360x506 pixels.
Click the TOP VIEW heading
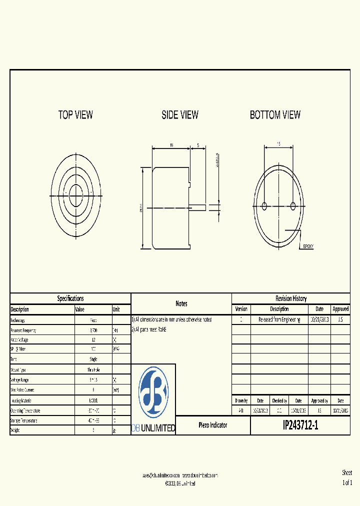75,115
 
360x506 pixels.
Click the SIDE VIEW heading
180,115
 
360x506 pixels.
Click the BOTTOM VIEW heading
275,115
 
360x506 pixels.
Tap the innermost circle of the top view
76,192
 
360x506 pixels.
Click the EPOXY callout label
308,246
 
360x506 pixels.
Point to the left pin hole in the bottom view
265,205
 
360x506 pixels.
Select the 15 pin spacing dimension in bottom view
279,143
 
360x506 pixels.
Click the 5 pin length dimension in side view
198,145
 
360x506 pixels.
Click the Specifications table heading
70,298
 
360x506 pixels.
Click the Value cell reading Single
93,359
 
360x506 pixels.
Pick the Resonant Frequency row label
23,330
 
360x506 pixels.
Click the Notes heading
181,303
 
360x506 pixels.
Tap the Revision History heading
291,298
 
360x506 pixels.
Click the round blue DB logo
153,392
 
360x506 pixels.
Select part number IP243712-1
300,425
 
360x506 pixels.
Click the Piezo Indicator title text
213,425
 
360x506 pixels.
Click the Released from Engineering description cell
279,319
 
